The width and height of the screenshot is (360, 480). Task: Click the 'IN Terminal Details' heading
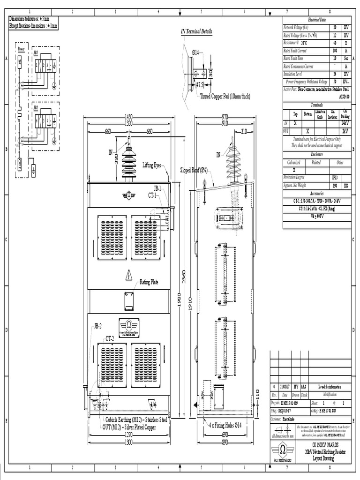pyautogui.click(x=196, y=31)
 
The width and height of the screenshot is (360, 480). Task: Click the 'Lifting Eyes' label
pyautogui.click(x=152, y=165)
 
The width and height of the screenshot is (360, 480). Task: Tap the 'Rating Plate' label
pyautogui.click(x=149, y=282)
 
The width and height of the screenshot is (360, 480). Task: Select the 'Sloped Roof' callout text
pyautogui.click(x=194, y=170)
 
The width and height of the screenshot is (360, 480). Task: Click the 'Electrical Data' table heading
pyautogui.click(x=316, y=20)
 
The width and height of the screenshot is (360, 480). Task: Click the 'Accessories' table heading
pyautogui.click(x=316, y=193)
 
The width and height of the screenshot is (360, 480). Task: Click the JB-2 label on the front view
pyautogui.click(x=97, y=325)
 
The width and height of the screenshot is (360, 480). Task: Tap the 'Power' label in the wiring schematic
pyautogui.click(x=21, y=49)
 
